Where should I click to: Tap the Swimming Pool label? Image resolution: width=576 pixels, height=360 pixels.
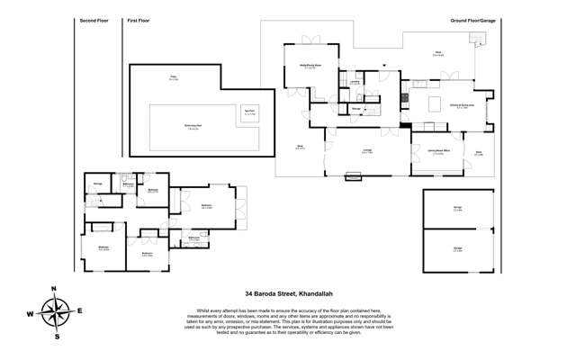point(193,127)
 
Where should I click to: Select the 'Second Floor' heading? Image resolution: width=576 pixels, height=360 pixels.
point(93,19)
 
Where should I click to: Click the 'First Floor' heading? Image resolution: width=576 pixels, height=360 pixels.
point(137,19)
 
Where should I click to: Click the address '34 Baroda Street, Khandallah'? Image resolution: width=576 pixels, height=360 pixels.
point(288,292)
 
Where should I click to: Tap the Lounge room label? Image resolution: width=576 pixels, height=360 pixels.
point(368,152)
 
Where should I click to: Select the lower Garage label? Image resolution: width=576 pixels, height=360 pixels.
point(458,249)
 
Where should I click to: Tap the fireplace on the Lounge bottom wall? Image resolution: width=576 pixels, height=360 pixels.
point(353,178)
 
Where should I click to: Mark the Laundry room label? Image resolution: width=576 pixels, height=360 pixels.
point(355,82)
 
